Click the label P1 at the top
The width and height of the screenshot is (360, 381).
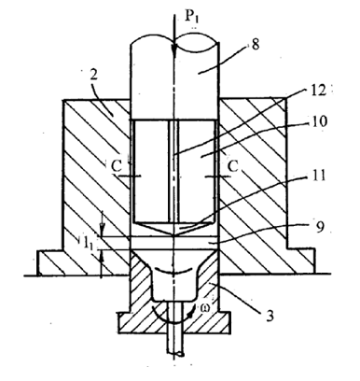192,17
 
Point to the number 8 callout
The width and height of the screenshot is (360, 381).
255,45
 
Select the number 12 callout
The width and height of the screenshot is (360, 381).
318,91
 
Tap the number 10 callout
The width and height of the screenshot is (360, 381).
319,120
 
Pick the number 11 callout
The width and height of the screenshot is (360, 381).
317,175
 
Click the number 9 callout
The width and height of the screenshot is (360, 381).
320,226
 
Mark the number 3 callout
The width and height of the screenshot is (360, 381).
270,316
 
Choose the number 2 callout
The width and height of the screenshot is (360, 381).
93,76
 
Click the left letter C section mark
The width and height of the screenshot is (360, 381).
117,166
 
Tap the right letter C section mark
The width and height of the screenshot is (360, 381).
233,166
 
